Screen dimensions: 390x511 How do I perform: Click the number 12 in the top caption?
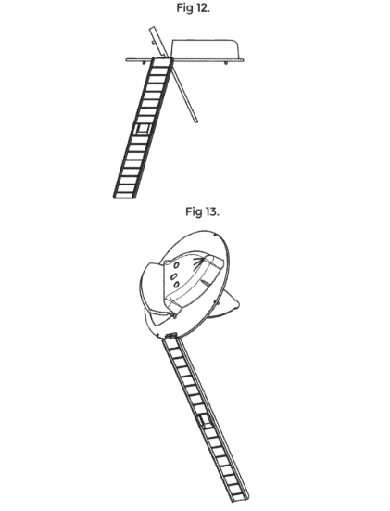point(201,7)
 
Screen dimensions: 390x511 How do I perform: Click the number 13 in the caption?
point(210,211)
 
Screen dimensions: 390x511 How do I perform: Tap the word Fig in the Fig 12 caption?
point(184,8)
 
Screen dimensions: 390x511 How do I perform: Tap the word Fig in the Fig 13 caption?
point(194,212)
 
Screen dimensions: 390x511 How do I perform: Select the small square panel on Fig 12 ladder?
point(142,129)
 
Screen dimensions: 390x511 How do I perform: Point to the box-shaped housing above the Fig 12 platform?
point(205,49)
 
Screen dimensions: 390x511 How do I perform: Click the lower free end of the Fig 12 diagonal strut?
point(196,121)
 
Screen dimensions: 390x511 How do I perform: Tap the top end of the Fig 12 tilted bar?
point(152,29)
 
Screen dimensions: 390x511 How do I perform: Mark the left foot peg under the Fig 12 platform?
point(144,62)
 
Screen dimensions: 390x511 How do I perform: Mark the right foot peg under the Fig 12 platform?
point(226,62)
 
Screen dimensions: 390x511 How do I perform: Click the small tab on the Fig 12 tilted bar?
point(153,42)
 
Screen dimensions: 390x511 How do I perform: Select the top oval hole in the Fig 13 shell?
point(176,264)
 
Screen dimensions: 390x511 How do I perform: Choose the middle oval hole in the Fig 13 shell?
point(174,277)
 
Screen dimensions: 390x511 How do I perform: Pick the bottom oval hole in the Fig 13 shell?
point(176,285)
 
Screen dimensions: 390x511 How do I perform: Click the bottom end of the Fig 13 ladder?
point(241,498)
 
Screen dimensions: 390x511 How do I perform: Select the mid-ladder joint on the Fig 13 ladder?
point(204,420)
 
